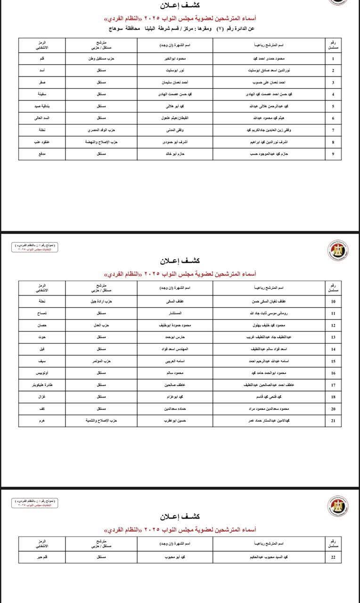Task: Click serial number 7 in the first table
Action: pyautogui.click(x=333, y=130)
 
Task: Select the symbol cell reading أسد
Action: pyautogui.click(x=42, y=71)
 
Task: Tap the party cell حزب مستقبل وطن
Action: pyautogui.click(x=101, y=59)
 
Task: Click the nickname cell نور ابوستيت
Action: pyautogui.click(x=175, y=71)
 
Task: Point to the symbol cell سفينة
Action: pyautogui.click(x=42, y=94)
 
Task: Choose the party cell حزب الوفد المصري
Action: pyautogui.click(x=101, y=130)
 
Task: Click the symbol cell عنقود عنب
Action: pyautogui.click(x=42, y=141)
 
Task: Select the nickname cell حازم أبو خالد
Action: pyautogui.click(x=175, y=153)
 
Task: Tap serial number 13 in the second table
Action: pyautogui.click(x=333, y=337)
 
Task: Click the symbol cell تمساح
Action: pyautogui.click(x=42, y=313)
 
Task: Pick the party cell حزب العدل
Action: pyautogui.click(x=101, y=326)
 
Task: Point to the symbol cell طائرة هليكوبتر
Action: pyautogui.click(x=42, y=385)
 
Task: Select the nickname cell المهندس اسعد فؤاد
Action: pyautogui.click(x=175, y=349)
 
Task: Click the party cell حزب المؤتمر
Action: pyautogui.click(x=101, y=361)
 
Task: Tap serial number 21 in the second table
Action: pyautogui.click(x=333, y=421)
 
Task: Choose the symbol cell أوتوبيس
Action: pyautogui.click(x=42, y=373)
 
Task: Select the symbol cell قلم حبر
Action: pyautogui.click(x=42, y=557)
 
